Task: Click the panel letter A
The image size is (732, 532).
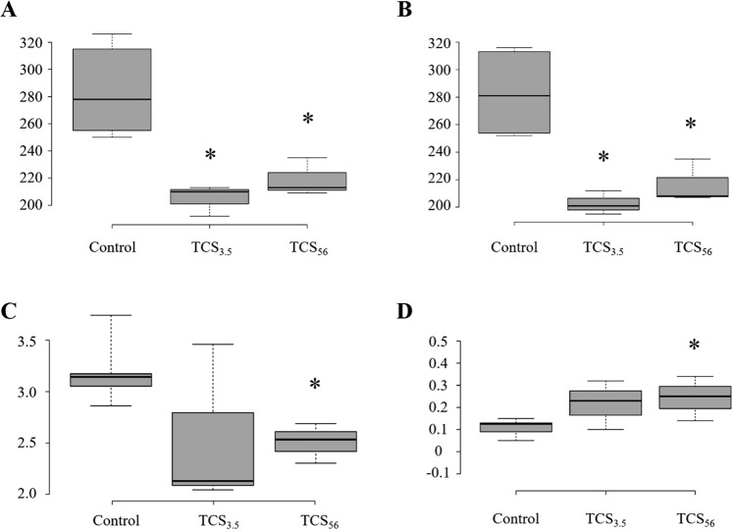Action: coord(13,11)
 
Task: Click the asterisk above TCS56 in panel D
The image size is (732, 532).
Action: coord(695,346)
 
